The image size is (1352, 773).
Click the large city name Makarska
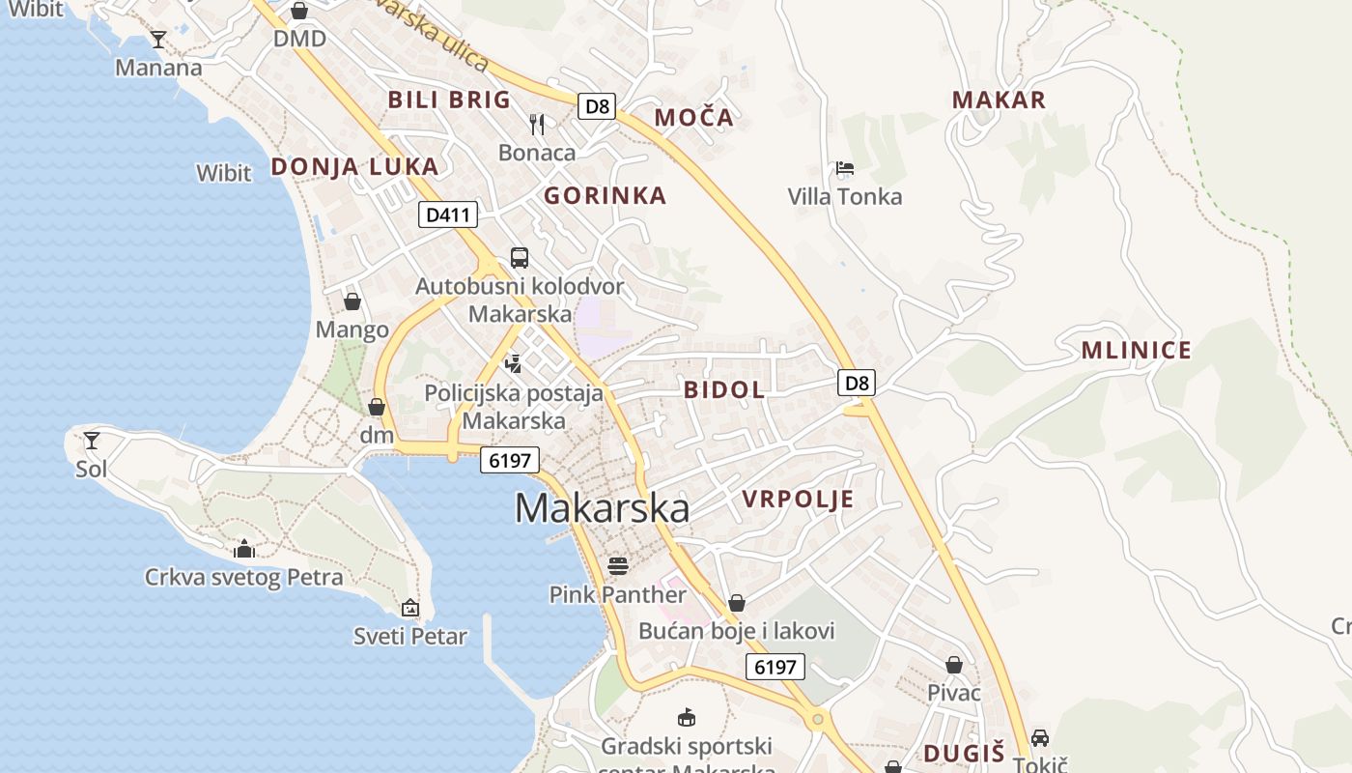[602, 508]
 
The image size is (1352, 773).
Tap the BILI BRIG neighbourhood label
[449, 100]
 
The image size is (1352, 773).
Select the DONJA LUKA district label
[354, 166]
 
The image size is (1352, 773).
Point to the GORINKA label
[606, 196]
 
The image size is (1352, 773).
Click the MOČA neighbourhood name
[693, 118]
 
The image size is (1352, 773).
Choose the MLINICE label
[1136, 350]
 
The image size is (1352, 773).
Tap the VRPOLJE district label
[798, 499]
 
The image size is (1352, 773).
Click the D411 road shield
[448, 215]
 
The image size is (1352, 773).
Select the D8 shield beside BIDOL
[857, 383]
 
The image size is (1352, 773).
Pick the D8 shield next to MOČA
[598, 105]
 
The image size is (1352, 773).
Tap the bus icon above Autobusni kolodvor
[520, 257]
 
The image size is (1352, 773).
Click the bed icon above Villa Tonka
[845, 168]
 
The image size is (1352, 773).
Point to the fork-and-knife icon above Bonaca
[537, 124]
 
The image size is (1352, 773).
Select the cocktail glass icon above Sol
[92, 441]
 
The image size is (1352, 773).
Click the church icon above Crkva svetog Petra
[244, 549]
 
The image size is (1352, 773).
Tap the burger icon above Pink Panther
[618, 565]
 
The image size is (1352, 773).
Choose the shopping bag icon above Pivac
[954, 665]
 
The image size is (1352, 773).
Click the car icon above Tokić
[1040, 737]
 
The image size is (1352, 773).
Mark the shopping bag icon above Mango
[352, 301]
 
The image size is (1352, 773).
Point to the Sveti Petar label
[410, 637]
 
